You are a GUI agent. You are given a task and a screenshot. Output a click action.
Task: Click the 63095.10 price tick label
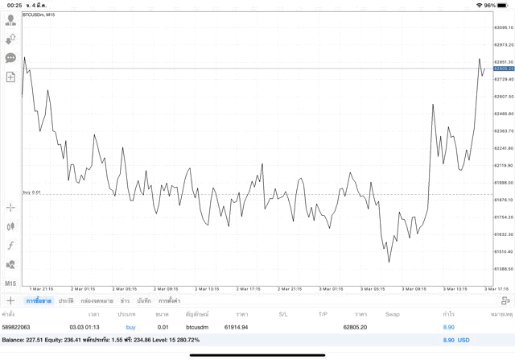(504, 27)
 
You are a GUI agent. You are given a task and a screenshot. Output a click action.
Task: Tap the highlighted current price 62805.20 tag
(504, 68)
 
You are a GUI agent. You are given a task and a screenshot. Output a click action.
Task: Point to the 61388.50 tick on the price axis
(504, 269)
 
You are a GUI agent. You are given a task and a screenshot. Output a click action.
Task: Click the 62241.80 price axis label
(504, 148)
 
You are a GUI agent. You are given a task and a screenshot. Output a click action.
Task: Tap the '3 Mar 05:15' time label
(373, 288)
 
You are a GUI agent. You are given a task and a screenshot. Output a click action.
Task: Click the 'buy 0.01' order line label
(32, 192)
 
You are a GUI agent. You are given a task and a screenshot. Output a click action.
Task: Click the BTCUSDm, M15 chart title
(39, 14)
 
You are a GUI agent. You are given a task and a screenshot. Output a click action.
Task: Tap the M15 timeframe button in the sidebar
(10, 283)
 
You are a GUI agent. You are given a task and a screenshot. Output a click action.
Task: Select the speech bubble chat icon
(10, 58)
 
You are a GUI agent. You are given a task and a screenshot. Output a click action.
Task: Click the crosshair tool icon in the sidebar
(10, 207)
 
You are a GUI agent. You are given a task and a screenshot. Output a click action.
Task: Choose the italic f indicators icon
(10, 245)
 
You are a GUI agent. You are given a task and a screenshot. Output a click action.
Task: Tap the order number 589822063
(15, 328)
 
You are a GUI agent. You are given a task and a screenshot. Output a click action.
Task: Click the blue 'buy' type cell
(130, 328)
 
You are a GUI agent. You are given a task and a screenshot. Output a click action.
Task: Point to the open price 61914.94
(236, 328)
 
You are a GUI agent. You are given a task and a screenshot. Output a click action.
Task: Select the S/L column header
(282, 314)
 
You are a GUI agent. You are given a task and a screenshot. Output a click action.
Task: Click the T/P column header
(323, 314)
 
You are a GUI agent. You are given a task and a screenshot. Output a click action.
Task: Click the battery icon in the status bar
(504, 5)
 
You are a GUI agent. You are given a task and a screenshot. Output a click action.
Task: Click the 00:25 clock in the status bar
(14, 5)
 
